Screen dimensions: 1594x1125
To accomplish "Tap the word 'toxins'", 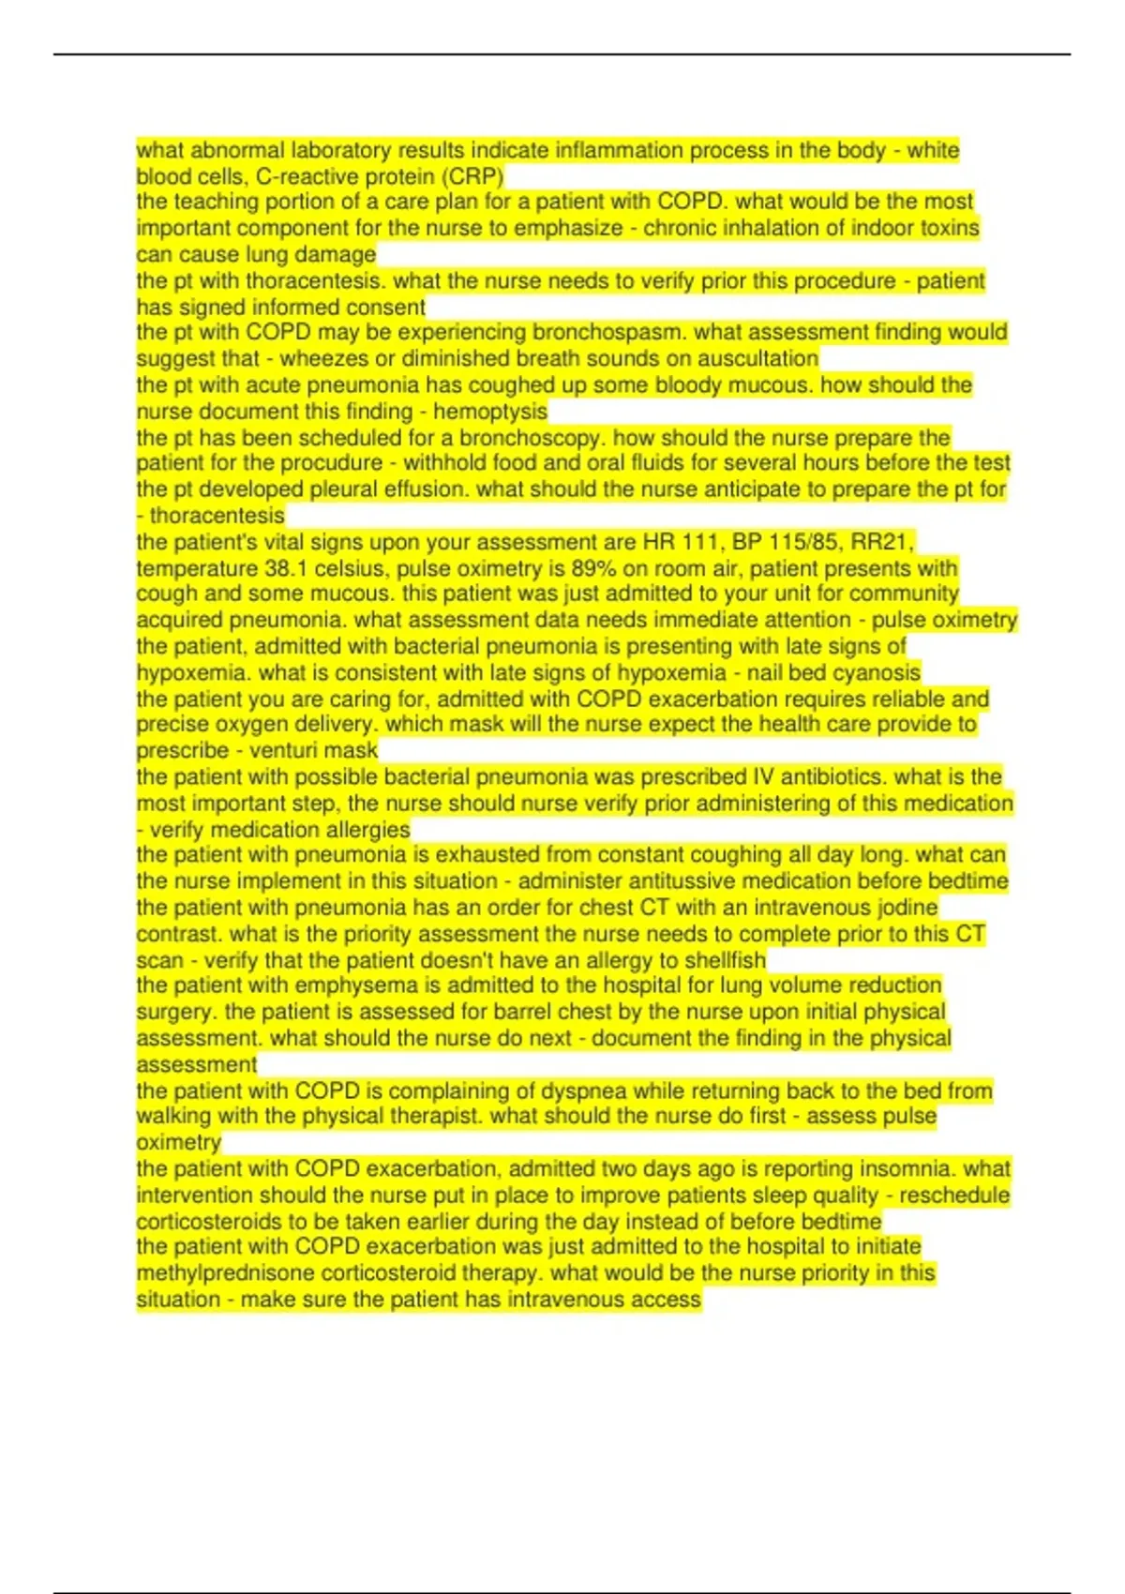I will point(948,228).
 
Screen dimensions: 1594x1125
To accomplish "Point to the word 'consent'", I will point(386,307).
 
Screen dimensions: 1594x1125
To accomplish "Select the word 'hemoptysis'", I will point(490,411).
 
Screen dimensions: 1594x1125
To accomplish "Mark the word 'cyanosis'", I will point(879,672).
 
